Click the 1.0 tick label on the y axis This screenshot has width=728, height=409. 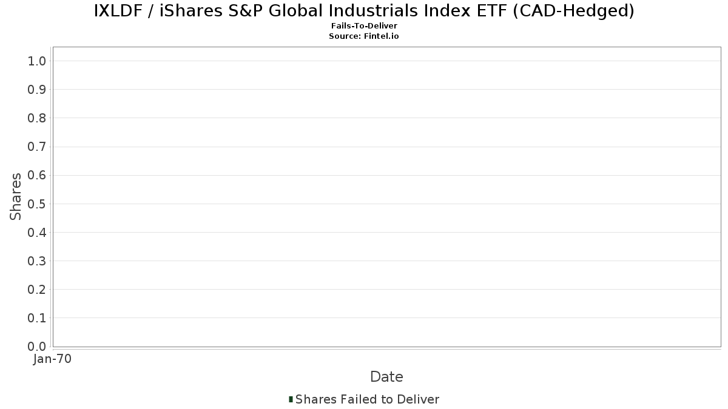(x=36, y=61)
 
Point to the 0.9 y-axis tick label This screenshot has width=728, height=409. (x=36, y=90)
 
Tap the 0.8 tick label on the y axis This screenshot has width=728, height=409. (x=36, y=118)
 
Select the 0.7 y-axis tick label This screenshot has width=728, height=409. (x=36, y=147)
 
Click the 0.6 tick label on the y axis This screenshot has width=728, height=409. (x=36, y=175)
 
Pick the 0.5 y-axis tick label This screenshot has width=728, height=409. (x=36, y=204)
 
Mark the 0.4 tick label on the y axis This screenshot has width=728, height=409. (x=36, y=233)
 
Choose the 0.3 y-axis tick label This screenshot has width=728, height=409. (x=36, y=261)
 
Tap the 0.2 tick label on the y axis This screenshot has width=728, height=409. (x=36, y=290)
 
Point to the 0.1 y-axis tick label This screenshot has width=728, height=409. (x=36, y=318)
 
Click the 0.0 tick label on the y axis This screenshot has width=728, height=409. (x=36, y=347)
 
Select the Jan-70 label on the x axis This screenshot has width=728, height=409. (x=52, y=359)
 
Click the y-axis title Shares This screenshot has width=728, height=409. (x=15, y=197)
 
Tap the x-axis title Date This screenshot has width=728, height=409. (x=386, y=377)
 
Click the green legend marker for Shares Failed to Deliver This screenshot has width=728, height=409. (x=291, y=399)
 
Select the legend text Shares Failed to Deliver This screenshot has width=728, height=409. (x=367, y=399)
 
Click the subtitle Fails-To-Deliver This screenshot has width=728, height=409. (x=364, y=25)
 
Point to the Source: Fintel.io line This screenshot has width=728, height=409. (x=363, y=36)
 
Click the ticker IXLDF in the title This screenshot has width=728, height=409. (x=118, y=11)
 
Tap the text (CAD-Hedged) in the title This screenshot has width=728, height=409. (x=573, y=11)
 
